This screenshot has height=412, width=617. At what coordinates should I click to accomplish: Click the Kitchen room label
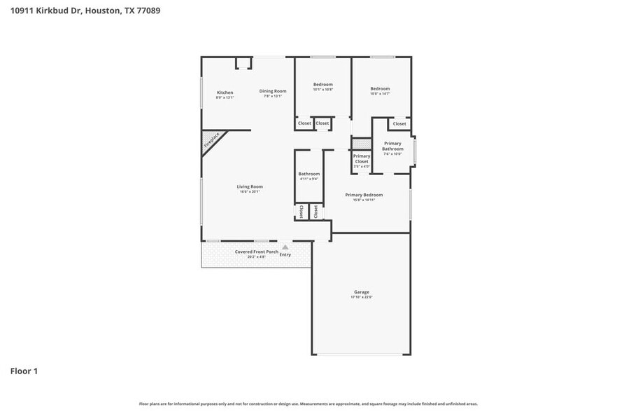225,92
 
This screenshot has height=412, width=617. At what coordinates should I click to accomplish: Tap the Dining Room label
273,91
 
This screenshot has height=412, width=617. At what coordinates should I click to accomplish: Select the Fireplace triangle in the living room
211,140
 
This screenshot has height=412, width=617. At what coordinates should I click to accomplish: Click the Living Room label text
249,186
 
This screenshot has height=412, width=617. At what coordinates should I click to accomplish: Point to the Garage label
361,291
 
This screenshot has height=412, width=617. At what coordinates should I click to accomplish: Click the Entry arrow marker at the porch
285,247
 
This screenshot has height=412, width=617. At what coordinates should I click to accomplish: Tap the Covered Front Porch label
256,252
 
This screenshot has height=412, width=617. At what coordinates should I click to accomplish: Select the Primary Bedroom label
364,195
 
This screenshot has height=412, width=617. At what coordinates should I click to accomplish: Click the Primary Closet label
361,158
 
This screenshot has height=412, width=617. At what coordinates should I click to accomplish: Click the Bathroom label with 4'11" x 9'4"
308,174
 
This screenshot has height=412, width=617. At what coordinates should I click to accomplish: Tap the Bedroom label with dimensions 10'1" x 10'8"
322,85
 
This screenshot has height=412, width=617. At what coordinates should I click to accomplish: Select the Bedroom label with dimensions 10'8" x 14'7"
380,89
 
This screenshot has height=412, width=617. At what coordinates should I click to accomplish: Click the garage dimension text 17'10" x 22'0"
361,297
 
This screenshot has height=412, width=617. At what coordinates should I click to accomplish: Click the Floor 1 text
24,371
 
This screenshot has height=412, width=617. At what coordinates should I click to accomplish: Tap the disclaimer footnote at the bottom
308,404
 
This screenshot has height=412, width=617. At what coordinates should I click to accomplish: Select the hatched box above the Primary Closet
360,142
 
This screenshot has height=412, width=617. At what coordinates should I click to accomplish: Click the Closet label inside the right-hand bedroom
399,124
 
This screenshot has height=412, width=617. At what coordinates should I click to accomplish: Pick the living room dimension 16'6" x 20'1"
249,191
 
